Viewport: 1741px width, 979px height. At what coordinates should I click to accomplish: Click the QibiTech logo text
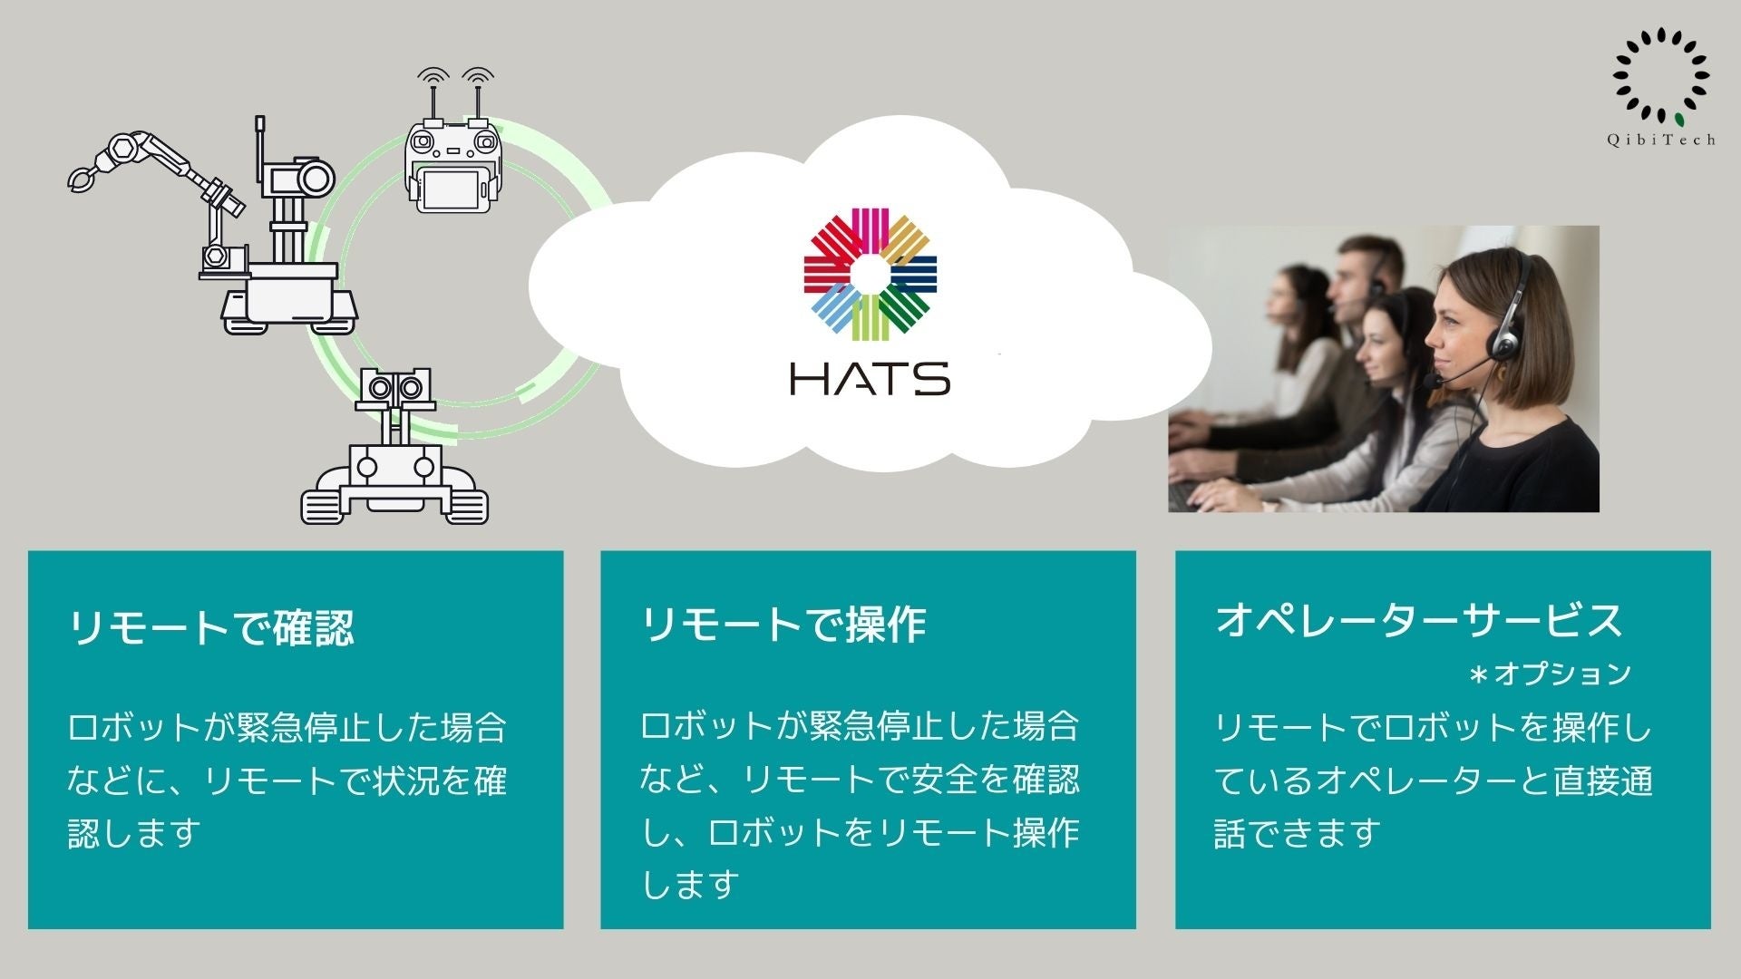(x=1661, y=140)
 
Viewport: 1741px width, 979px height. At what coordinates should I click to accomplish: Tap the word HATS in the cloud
(x=870, y=378)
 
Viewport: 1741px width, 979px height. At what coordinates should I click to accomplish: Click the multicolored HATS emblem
(x=870, y=273)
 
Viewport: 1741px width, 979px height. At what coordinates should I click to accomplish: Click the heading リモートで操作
(x=783, y=625)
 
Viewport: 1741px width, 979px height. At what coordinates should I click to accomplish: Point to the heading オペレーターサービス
(x=1418, y=620)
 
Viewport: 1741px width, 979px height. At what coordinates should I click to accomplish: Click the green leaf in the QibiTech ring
(x=1679, y=119)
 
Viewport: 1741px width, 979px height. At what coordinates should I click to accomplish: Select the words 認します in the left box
(x=134, y=833)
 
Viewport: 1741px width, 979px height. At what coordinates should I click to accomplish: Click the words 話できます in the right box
(x=1297, y=833)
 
